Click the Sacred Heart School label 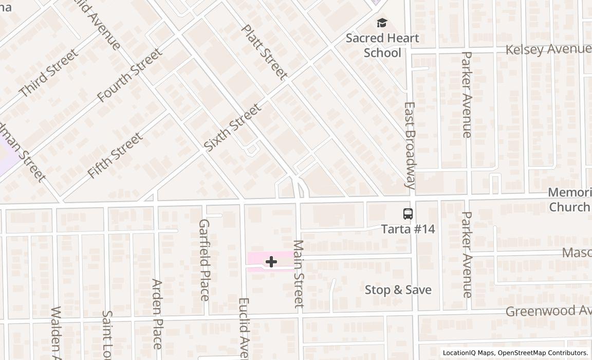pos(382,45)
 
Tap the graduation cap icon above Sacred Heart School pos(382,23)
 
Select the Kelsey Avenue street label pos(548,49)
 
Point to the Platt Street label pos(264,52)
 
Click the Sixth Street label pos(233,127)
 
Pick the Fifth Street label pos(115,155)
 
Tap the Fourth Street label pos(129,75)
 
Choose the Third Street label pos(49,73)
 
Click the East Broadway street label pos(410,146)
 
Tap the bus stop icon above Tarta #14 pos(408,214)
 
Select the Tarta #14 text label pos(408,229)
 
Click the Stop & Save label pos(398,290)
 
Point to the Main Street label pos(299,274)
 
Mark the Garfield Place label pos(204,260)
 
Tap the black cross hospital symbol pos(271,262)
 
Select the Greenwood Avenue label pos(548,311)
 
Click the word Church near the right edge pos(569,207)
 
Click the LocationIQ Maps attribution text pos(468,353)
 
